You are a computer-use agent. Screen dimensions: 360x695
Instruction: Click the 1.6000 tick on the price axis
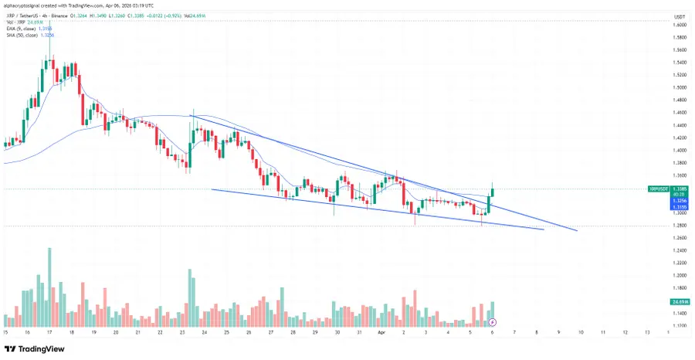click(680, 25)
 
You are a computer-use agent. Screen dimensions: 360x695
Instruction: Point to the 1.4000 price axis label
click(680, 150)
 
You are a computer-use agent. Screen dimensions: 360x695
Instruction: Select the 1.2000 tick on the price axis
click(680, 275)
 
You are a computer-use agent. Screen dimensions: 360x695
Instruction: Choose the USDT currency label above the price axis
click(680, 15)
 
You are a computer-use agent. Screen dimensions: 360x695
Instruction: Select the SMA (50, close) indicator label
click(24, 35)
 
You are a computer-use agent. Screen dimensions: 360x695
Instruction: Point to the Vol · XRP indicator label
click(19, 22)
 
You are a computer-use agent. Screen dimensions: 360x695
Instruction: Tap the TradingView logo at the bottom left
click(34, 347)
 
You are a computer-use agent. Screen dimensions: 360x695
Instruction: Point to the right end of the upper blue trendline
click(577, 230)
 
